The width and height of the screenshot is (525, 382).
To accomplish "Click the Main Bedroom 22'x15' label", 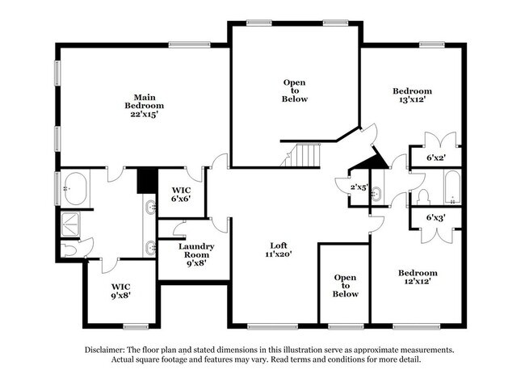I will pyautogui.click(x=145, y=106).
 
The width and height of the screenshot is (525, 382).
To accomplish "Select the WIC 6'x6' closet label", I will pyautogui.click(x=181, y=195).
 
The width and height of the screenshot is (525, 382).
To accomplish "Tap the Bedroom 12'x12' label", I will pyautogui.click(x=418, y=278).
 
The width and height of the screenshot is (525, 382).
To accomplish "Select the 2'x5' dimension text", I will pyautogui.click(x=359, y=187).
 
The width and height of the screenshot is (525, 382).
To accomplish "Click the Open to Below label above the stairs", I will pyautogui.click(x=295, y=90).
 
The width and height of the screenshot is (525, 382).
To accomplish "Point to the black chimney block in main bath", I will pyautogui.click(x=146, y=179).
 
